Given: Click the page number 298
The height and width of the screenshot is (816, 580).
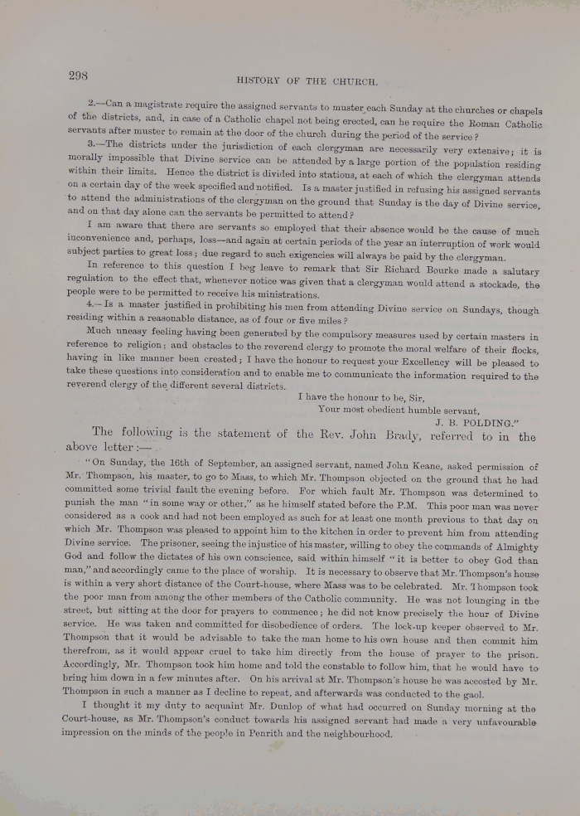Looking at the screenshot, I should [78, 75].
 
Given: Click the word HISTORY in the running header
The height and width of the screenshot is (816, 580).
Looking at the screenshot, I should [262, 81].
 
